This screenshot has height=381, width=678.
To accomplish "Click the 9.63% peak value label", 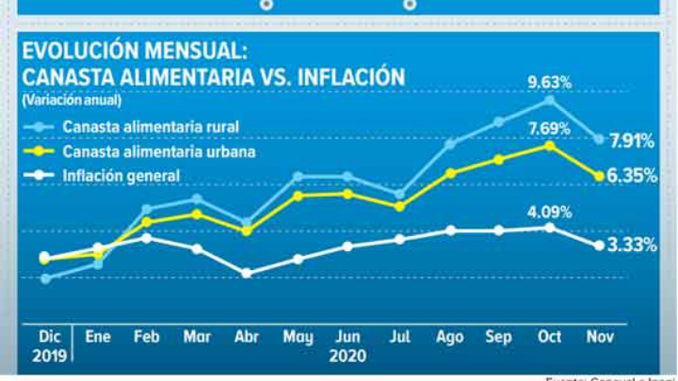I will pyautogui.click(x=549, y=81).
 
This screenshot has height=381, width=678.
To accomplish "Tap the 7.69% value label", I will pyautogui.click(x=549, y=128).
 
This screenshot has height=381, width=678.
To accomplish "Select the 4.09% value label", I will pyautogui.click(x=549, y=210).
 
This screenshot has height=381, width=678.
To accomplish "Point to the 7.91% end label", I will pyautogui.click(x=632, y=141).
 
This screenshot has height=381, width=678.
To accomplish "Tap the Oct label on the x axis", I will pyautogui.click(x=549, y=336).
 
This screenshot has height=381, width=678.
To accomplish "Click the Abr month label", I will pyautogui.click(x=247, y=336).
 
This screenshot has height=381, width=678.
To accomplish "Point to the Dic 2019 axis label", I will pyautogui.click(x=47, y=344).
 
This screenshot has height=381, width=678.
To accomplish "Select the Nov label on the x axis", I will pyautogui.click(x=599, y=336).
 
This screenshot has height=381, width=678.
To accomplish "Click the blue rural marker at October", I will pyautogui.click(x=549, y=99).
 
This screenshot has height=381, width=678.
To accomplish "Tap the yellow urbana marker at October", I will pyautogui.click(x=549, y=146).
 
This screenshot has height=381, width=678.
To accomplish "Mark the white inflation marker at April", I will pyautogui.click(x=247, y=273).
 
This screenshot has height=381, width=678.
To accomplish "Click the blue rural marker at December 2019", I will pyautogui.click(x=45, y=278).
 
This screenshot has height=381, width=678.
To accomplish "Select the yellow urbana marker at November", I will pyautogui.click(x=599, y=175).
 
